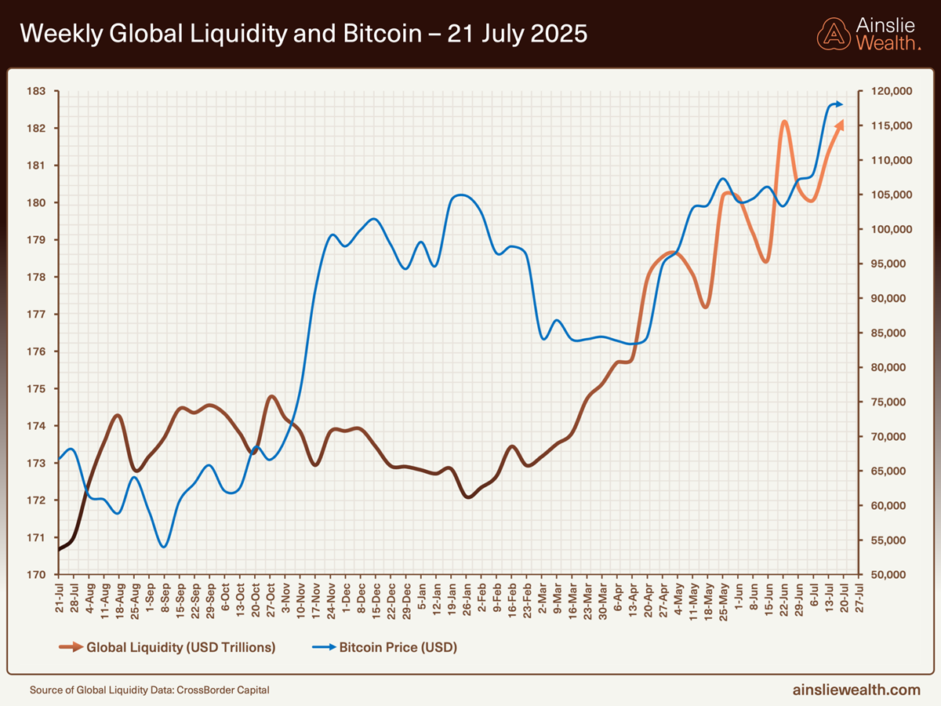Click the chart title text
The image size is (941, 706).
click(x=303, y=34)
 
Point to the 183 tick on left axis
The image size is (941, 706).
click(x=36, y=92)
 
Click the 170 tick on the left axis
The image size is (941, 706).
click(x=36, y=575)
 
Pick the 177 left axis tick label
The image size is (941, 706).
click(x=36, y=315)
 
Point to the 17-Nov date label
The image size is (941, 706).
click(x=316, y=600)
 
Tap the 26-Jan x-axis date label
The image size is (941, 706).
click(x=467, y=600)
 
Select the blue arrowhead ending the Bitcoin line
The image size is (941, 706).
click(x=839, y=104)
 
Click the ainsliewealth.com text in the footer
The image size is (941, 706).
click(x=856, y=690)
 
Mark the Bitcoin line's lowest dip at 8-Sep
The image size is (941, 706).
click(x=163, y=546)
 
